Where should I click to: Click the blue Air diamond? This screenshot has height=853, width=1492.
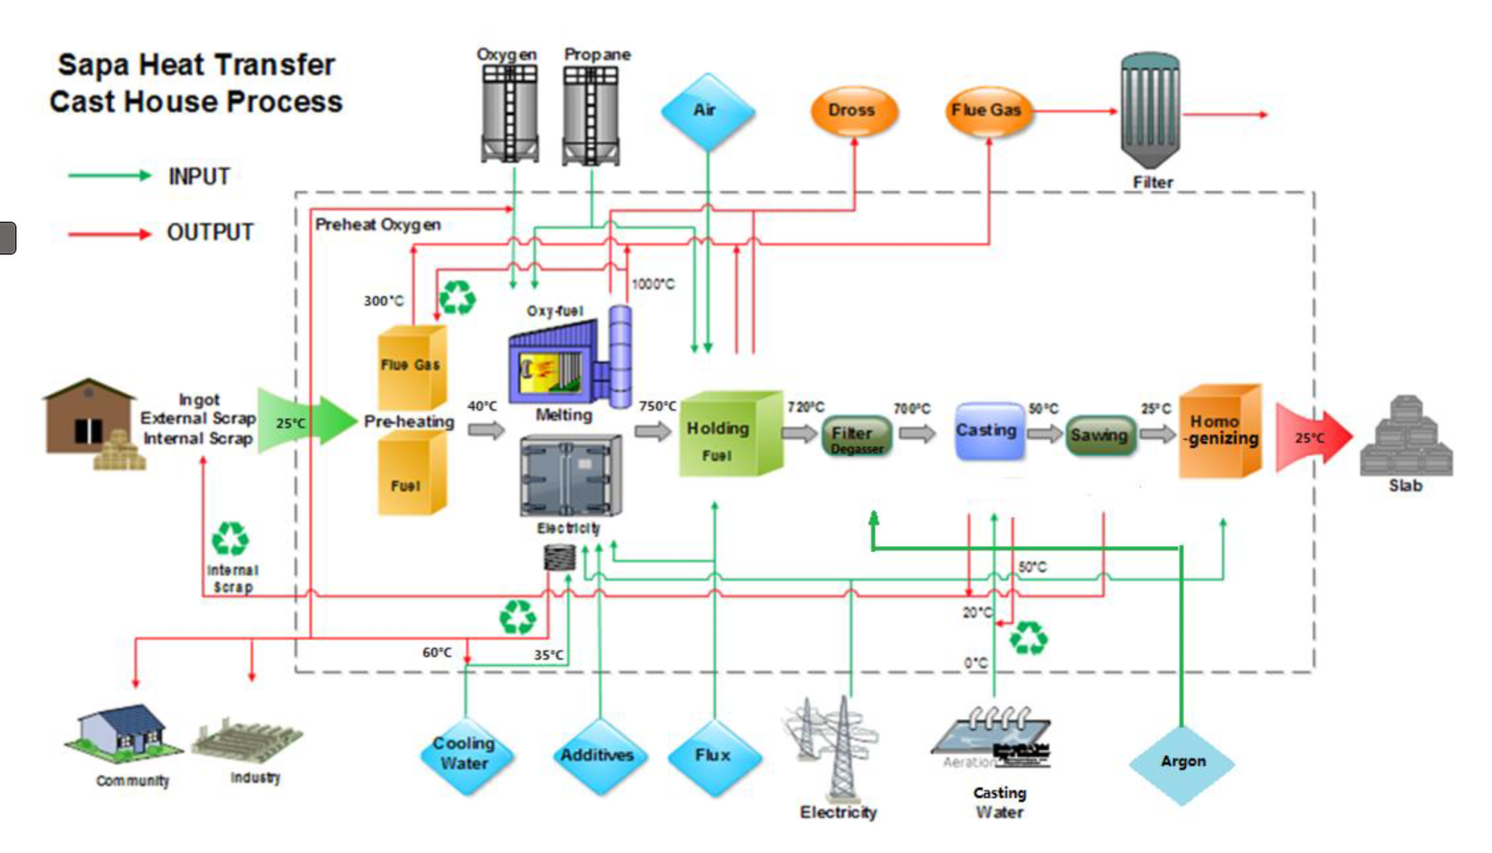[x=707, y=111]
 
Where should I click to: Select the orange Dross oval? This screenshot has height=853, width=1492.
[x=853, y=111]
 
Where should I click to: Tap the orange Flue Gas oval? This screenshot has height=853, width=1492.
[x=987, y=111]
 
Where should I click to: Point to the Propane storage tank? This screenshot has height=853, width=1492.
[x=591, y=114]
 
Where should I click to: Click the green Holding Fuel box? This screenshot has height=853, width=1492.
[x=729, y=435]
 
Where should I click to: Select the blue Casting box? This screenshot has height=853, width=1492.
[x=989, y=431]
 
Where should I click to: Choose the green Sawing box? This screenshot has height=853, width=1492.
[x=1099, y=435]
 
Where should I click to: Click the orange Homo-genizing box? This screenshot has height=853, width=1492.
[x=1220, y=431]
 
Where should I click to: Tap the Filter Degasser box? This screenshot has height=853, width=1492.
[x=856, y=436]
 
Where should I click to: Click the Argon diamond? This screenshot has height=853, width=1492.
[x=1182, y=763]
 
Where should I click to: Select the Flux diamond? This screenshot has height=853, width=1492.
[x=713, y=756]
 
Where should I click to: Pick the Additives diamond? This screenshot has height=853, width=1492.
[x=597, y=756]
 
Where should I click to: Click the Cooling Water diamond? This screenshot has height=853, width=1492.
[x=465, y=755]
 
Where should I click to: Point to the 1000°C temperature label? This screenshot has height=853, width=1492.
[x=653, y=284]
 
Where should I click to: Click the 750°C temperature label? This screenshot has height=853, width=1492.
[x=657, y=406]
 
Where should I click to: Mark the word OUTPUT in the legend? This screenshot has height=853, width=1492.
[x=210, y=232]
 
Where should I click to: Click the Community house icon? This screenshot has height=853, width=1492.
[x=124, y=731]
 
